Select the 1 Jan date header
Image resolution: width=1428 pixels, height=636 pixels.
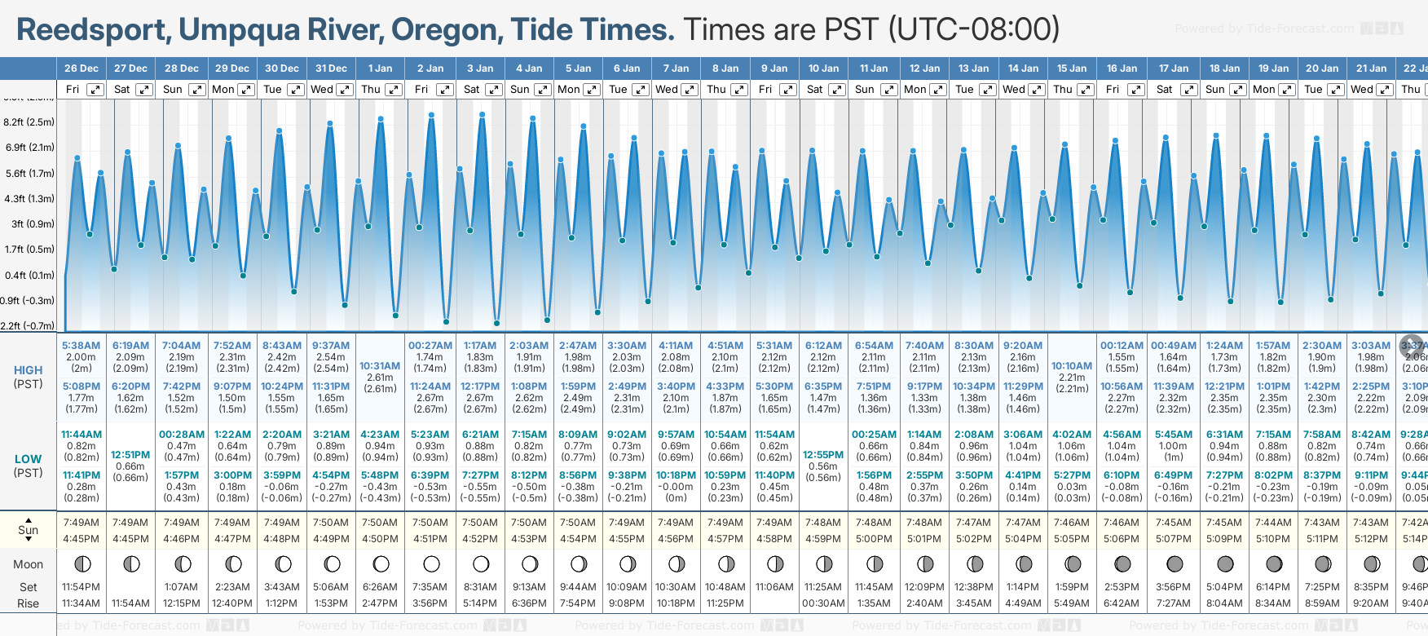[x=380, y=68]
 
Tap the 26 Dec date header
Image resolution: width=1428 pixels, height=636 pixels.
[x=82, y=68]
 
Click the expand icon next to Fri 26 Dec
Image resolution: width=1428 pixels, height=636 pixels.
[x=95, y=90]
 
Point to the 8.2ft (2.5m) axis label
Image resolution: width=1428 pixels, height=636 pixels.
[x=29, y=122]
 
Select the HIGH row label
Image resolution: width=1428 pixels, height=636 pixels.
[x=29, y=370]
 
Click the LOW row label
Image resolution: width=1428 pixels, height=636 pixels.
[x=29, y=460]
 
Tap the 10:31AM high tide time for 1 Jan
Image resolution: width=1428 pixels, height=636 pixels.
[x=380, y=366]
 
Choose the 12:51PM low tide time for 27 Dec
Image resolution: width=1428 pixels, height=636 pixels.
[x=130, y=455]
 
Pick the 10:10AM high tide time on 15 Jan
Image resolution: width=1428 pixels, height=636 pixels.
[x=1072, y=366]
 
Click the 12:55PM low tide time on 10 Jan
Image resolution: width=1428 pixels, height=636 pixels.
[x=823, y=455]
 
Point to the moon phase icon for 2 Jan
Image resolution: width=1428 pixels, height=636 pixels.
[x=431, y=563]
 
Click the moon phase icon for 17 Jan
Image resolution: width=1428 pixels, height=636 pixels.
[x=1175, y=563]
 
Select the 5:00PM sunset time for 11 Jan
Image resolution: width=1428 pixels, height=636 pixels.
[x=874, y=539]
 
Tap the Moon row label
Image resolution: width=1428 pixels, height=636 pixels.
[x=29, y=564]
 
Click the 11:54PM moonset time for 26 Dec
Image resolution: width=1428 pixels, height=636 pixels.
[x=81, y=587]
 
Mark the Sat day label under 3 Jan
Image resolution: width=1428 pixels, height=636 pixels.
[x=472, y=90]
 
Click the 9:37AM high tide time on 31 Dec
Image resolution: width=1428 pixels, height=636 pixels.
[x=331, y=346]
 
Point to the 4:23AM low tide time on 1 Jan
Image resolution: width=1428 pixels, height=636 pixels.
[x=380, y=435]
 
